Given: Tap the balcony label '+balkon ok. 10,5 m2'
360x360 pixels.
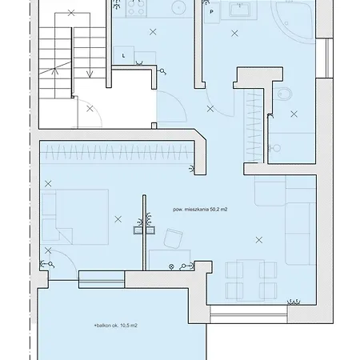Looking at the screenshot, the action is (x=116, y=326).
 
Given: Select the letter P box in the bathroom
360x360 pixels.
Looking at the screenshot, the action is (x=212, y=12).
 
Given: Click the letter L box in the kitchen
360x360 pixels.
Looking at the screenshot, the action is (x=123, y=55).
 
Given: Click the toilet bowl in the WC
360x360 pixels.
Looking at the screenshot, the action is (x=284, y=94).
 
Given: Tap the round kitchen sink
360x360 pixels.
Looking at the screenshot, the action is (x=178, y=8).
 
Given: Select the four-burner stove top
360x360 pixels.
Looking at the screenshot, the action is (x=136, y=7).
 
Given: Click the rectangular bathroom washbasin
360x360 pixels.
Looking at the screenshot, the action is (x=239, y=10).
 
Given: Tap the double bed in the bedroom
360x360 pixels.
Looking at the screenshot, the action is (x=75, y=217).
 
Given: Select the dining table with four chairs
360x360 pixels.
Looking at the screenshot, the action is (x=251, y=280).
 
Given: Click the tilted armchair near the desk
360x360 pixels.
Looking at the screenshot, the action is (x=173, y=238).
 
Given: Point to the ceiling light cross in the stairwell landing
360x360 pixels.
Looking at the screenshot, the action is (x=90, y=109).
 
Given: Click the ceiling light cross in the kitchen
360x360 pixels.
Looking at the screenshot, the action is (x=153, y=32).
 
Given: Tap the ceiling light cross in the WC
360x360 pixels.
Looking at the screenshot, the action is (x=294, y=114).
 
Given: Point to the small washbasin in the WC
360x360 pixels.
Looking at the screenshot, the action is (x=276, y=148).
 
